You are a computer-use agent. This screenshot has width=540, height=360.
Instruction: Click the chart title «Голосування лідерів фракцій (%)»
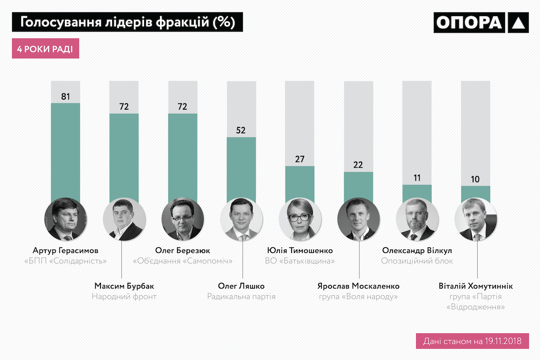(x=127, y=22)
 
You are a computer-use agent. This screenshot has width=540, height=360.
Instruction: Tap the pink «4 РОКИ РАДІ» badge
(x=45, y=49)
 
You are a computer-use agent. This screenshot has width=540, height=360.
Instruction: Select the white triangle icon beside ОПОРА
(x=518, y=23)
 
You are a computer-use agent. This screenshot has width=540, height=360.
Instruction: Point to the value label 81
(x=65, y=97)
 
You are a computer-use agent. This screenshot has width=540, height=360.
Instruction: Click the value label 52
(x=241, y=130)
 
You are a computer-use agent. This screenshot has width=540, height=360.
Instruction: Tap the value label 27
(x=299, y=159)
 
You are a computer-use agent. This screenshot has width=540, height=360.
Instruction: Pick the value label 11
(x=417, y=178)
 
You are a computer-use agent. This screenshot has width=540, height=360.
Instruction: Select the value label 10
(x=475, y=179)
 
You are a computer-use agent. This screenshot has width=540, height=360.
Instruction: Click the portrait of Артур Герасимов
(x=66, y=219)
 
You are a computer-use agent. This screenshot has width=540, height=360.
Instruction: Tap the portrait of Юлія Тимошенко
(x=299, y=219)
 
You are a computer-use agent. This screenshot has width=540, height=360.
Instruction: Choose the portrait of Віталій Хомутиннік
(x=476, y=219)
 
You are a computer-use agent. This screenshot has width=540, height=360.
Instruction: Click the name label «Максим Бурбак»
(x=124, y=286)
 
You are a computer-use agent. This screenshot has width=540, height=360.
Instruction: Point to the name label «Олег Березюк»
(x=182, y=250)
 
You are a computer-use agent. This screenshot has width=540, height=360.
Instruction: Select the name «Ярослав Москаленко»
(x=358, y=286)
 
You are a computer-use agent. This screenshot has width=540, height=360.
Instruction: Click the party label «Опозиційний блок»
(x=417, y=261)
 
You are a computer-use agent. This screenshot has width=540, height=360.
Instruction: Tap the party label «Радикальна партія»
(x=241, y=296)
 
